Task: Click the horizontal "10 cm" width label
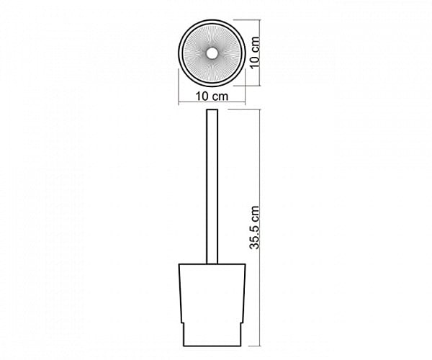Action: click(x=212, y=96)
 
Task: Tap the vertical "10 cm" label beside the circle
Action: click(x=255, y=52)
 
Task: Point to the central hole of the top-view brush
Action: click(x=212, y=53)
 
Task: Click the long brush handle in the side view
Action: click(x=212, y=186)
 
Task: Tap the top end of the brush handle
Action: click(x=212, y=109)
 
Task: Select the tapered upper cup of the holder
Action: click(x=212, y=293)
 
